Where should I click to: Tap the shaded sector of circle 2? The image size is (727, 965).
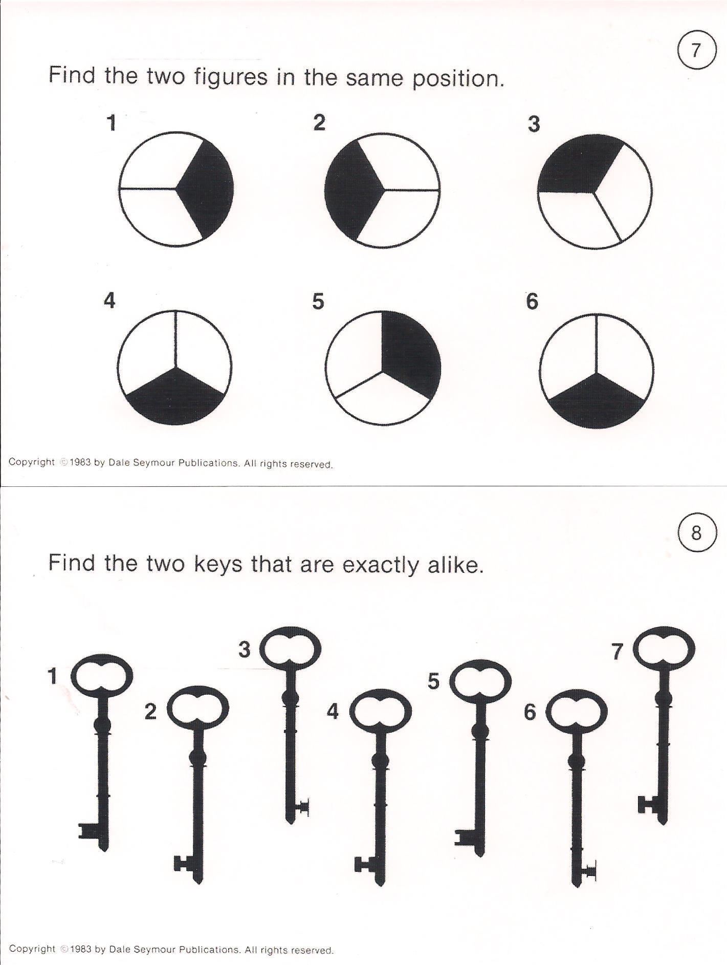(x=351, y=189)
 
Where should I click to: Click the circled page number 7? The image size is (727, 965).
(x=696, y=50)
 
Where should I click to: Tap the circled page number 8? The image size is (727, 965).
(x=696, y=533)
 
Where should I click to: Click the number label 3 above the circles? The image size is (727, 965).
(x=534, y=124)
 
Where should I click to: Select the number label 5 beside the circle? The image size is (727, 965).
(x=318, y=301)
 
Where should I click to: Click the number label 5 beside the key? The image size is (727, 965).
(x=434, y=681)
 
